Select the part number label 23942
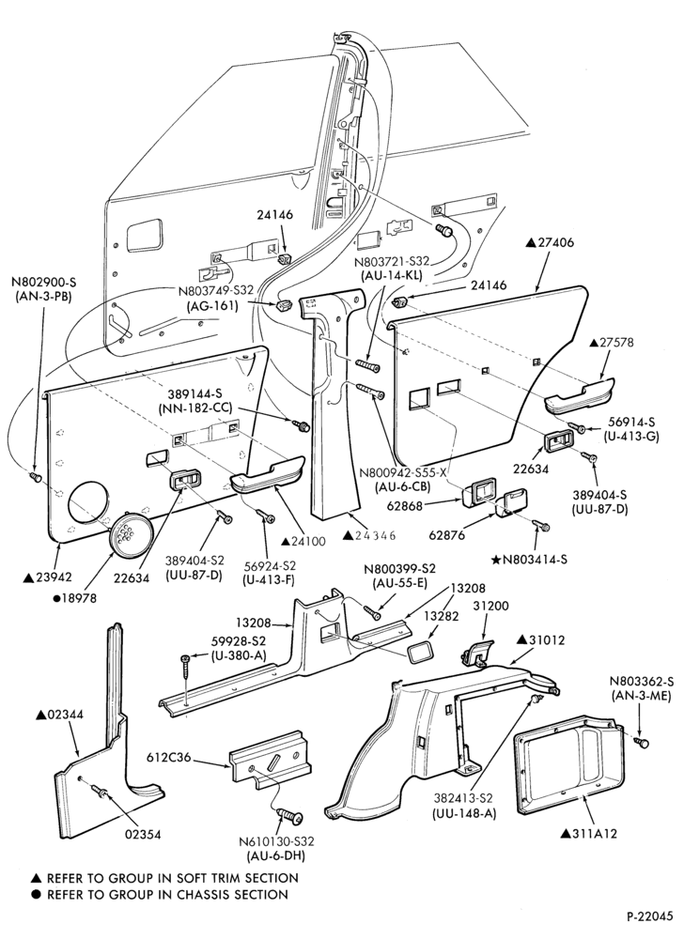point(47,577)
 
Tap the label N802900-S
point(47,280)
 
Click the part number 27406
point(550,242)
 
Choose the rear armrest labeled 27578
point(579,394)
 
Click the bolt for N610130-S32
point(292,816)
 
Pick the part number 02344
point(60,715)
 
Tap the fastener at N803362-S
point(643,742)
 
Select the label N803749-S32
point(215,291)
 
